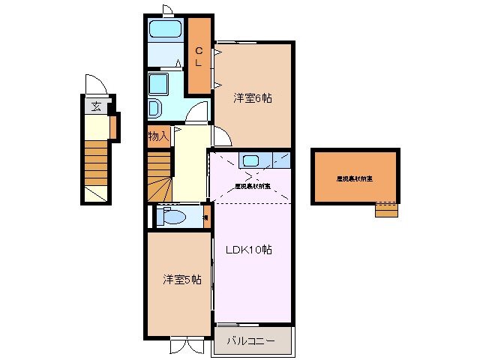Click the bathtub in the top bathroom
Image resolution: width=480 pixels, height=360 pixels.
tap(164, 30)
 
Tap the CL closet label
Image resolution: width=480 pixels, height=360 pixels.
tap(198, 57)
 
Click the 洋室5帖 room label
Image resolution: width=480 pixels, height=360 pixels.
tap(182, 280)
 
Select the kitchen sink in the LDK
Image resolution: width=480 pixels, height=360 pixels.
tap(250, 160)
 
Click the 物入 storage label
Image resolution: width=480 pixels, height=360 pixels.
tap(157, 136)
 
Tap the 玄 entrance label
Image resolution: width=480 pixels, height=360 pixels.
tap(96, 106)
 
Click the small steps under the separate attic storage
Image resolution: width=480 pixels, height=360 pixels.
tap(386, 209)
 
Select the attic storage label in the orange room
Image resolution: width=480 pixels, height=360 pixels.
tap(355, 178)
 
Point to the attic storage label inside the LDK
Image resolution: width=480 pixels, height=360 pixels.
tap(253, 184)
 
